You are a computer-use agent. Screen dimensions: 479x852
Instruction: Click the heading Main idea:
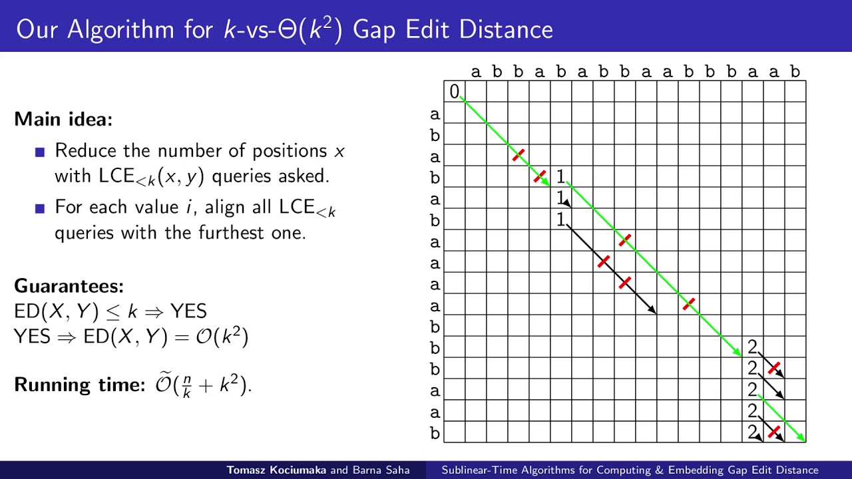pyautogui.click(x=63, y=119)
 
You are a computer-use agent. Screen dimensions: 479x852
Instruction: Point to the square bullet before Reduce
pyautogui.click(x=40, y=152)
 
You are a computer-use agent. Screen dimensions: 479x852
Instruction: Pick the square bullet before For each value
pyautogui.click(x=40, y=208)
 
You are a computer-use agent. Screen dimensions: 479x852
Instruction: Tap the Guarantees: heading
pyautogui.click(x=69, y=286)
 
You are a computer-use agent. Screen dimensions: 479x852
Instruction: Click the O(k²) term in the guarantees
pyautogui.click(x=222, y=337)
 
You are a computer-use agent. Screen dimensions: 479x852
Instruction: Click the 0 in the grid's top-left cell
pyautogui.click(x=454, y=92)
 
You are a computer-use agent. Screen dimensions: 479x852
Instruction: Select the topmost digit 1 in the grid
pyautogui.click(x=560, y=177)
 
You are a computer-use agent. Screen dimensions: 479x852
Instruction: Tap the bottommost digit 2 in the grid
pyautogui.click(x=752, y=432)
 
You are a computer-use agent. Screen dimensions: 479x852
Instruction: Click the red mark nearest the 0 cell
pyautogui.click(x=519, y=155)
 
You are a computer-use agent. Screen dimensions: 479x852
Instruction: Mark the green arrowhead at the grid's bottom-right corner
pyautogui.click(x=802, y=438)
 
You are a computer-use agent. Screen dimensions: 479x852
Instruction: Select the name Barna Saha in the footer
pyautogui.click(x=381, y=470)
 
